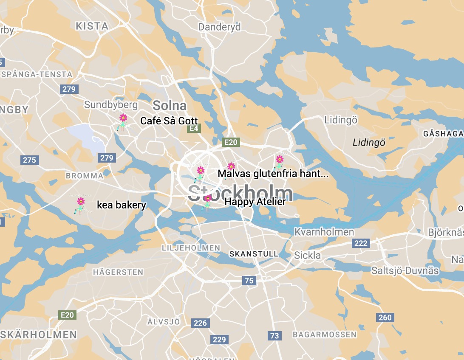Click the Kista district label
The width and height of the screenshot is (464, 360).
92,26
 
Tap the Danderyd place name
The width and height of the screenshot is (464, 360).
219,27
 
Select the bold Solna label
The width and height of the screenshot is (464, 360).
170,105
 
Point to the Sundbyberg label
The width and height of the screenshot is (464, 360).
111,104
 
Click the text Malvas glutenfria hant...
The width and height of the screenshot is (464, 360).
273,174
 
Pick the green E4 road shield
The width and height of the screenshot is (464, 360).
194,128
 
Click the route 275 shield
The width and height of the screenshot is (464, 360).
29,160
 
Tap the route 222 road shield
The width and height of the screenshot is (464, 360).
361,243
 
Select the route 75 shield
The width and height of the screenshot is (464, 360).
249,280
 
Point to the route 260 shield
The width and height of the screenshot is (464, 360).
385,318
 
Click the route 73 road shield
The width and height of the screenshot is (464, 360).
274,336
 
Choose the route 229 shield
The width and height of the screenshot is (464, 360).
219,339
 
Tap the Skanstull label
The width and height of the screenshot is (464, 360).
254,254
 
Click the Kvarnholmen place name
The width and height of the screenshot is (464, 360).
324,232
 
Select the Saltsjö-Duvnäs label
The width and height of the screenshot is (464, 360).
405,270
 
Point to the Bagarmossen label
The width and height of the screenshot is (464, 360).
325,335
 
